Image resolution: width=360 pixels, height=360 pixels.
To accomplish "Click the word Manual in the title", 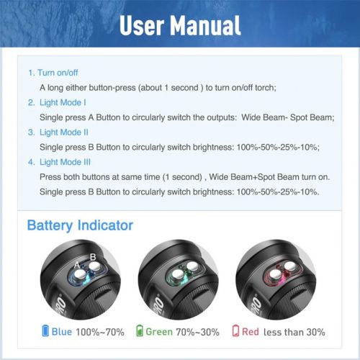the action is click(205, 25).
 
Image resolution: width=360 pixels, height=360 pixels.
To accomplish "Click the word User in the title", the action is click(142, 25).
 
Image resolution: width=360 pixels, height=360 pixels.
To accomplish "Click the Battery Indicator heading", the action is click(80, 226).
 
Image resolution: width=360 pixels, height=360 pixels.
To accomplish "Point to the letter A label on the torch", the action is click(77, 265).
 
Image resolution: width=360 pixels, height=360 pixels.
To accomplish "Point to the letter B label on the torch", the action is click(93, 257).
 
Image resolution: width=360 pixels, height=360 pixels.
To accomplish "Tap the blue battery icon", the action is click(45, 330).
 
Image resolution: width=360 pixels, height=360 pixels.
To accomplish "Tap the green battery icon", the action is click(140, 330).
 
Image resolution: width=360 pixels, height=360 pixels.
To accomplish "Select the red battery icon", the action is click(235, 330).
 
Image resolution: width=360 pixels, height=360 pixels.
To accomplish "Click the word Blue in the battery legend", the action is click(62, 332).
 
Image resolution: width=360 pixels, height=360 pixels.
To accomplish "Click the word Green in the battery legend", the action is click(159, 332).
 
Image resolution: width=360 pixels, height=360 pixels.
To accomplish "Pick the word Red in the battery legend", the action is click(251, 332).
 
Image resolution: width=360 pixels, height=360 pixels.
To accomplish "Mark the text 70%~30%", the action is click(198, 332).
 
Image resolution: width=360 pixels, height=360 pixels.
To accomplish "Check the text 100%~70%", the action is click(100, 332).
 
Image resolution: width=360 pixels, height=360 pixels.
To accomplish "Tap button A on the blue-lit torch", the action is click(78, 274).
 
